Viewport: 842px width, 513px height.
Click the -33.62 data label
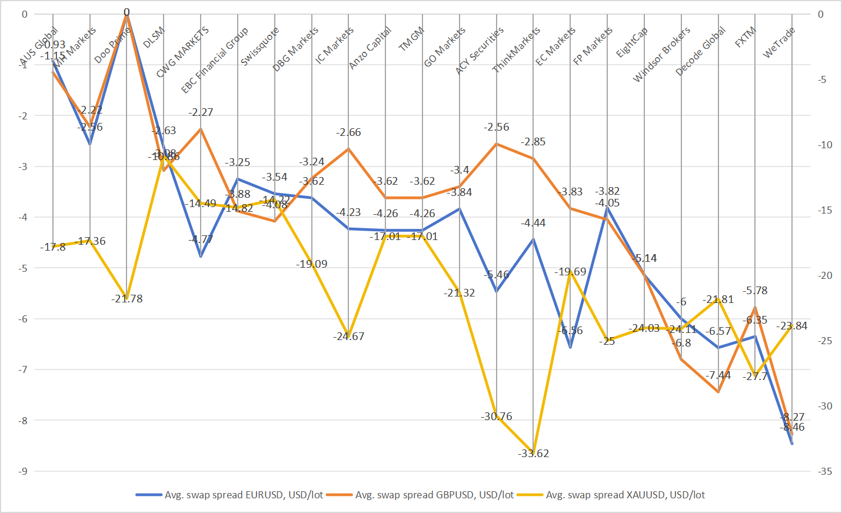click(x=534, y=454)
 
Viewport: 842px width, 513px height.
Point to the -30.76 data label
click(x=496, y=417)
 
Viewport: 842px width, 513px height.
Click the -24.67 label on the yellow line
click(x=349, y=337)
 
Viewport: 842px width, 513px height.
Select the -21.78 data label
click(x=127, y=299)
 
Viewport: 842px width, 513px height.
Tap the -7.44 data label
click(x=718, y=375)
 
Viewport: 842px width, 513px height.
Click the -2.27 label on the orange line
click(x=201, y=112)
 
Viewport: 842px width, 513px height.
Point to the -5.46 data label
click(x=497, y=275)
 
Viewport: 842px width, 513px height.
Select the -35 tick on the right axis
click(x=824, y=471)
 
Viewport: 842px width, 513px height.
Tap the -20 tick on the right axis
click(x=824, y=275)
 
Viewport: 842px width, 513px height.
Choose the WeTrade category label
click(x=779, y=43)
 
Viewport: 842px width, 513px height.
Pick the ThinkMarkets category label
click(x=516, y=50)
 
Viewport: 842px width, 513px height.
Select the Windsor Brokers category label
click(x=661, y=55)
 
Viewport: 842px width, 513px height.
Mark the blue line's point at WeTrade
click(x=792, y=444)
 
